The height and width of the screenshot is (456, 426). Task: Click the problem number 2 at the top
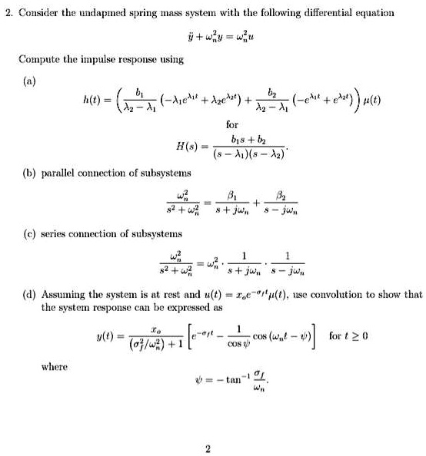[5, 12]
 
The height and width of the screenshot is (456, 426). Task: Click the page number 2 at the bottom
[207, 447]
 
